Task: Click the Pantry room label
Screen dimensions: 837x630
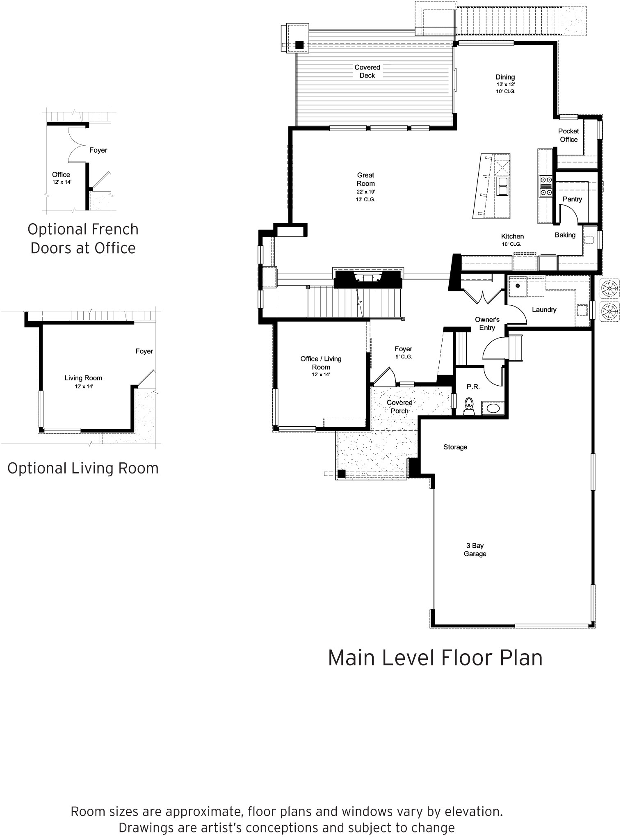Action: (x=572, y=199)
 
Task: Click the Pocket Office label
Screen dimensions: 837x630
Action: (x=568, y=135)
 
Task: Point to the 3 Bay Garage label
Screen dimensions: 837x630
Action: (x=475, y=550)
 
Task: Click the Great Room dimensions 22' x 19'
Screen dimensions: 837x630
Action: (x=365, y=192)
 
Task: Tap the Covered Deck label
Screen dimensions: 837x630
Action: (x=367, y=71)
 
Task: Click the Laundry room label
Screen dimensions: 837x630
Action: (x=544, y=310)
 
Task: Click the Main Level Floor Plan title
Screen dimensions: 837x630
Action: (x=435, y=658)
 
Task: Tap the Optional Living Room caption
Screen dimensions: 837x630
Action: (x=83, y=468)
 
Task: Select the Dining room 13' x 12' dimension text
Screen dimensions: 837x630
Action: (x=505, y=85)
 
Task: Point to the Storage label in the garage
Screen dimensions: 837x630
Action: (x=455, y=447)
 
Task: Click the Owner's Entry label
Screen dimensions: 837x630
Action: (x=487, y=323)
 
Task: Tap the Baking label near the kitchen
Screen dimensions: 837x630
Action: (x=565, y=235)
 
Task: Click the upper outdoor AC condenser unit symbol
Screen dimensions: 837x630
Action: (x=609, y=288)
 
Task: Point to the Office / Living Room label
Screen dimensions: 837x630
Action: (x=321, y=363)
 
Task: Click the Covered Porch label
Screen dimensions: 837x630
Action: (x=399, y=407)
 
